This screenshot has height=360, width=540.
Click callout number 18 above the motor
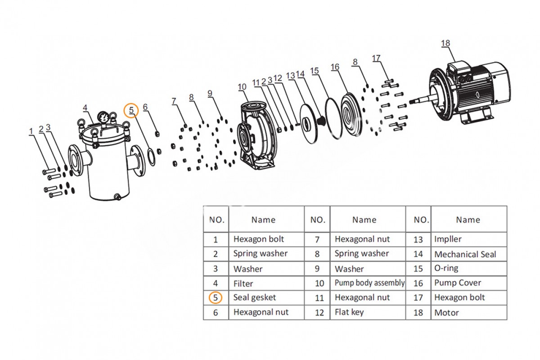point(445,43)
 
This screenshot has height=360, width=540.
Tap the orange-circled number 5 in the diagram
point(131,111)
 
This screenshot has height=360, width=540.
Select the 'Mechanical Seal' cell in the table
point(465,254)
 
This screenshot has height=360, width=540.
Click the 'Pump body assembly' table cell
point(369,283)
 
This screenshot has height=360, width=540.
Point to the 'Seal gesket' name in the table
point(254,297)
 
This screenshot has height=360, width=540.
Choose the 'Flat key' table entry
point(349,312)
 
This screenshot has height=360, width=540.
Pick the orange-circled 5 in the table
point(215,297)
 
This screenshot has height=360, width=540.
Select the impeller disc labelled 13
point(309,123)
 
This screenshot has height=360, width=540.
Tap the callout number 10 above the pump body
point(242,87)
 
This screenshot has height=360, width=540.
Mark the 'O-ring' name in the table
point(446,268)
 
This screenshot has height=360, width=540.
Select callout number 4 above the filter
point(85,108)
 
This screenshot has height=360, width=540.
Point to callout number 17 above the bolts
point(376,58)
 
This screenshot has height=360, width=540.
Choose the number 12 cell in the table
point(319,313)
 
